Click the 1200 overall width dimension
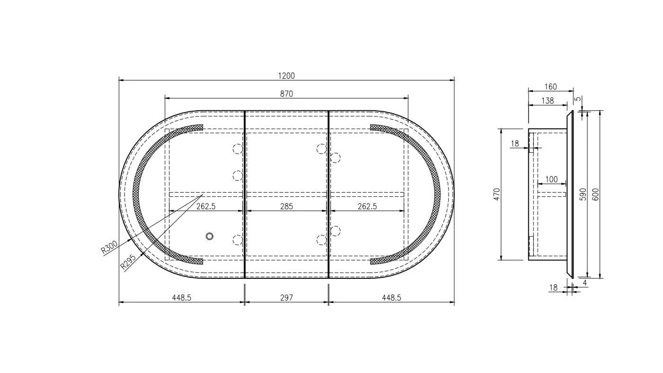click(x=286, y=76)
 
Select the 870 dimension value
click(x=286, y=94)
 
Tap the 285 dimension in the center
click(x=286, y=206)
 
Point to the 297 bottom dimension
click(x=286, y=298)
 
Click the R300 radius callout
click(x=109, y=248)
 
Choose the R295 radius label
click(x=128, y=262)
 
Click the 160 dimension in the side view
click(x=550, y=87)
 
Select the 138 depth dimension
click(x=548, y=101)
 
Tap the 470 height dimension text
click(x=497, y=194)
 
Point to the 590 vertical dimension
click(x=583, y=194)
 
